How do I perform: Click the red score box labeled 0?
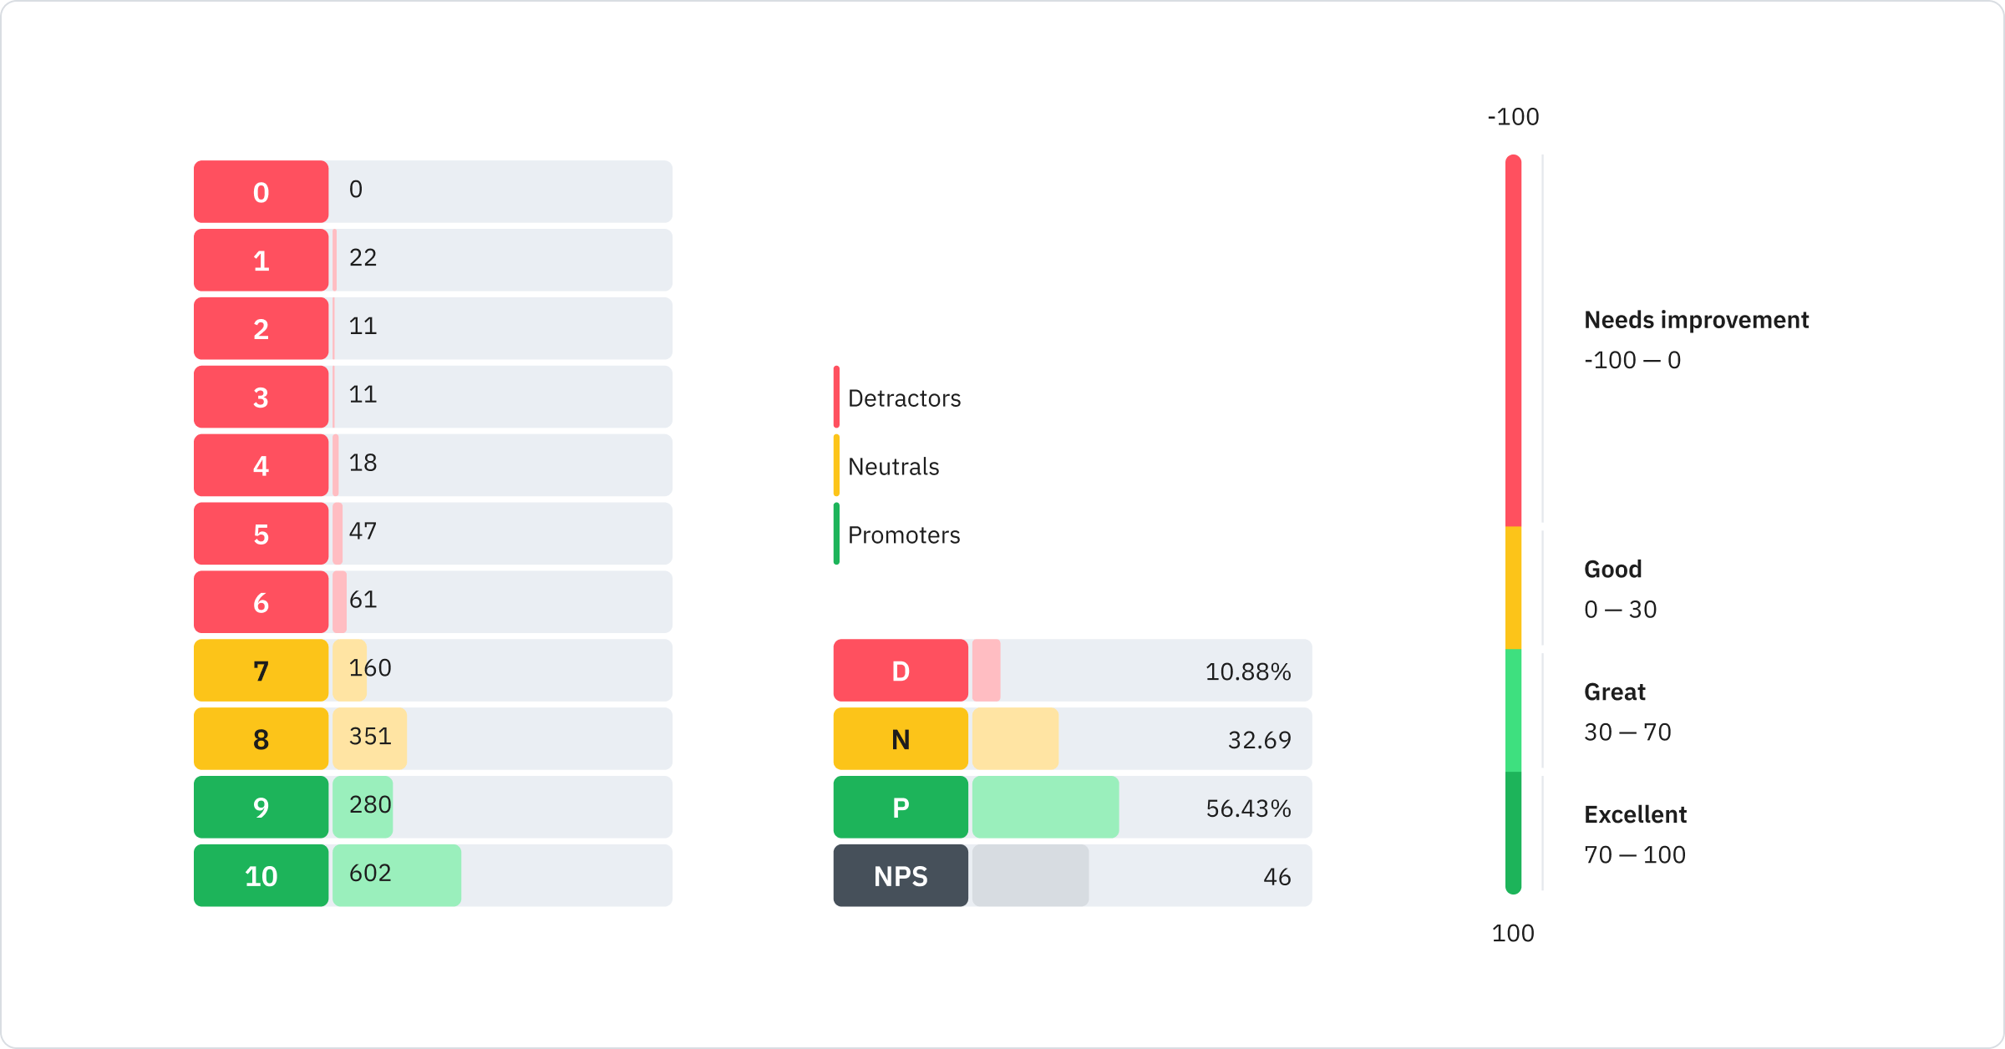pyautogui.click(x=261, y=191)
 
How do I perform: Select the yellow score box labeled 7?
pyautogui.click(x=261, y=670)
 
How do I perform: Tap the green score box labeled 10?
pyautogui.click(x=261, y=875)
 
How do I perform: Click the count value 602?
pyautogui.click(x=370, y=873)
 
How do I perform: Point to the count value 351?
pyautogui.click(x=370, y=736)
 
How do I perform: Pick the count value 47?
pyautogui.click(x=363, y=531)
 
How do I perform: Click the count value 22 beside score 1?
pyautogui.click(x=363, y=257)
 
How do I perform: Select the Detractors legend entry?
pyautogui.click(x=903, y=398)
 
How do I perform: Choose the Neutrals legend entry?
pyautogui.click(x=892, y=467)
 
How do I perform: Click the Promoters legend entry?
pyautogui.click(x=903, y=535)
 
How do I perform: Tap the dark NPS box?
pyautogui.click(x=901, y=875)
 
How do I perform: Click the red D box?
pyautogui.click(x=901, y=670)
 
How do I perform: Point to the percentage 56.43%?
pyautogui.click(x=1248, y=808)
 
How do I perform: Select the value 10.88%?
pyautogui.click(x=1248, y=671)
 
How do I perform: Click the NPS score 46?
pyautogui.click(x=1277, y=877)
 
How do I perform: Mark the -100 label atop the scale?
pyautogui.click(x=1513, y=117)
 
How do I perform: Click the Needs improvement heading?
pyautogui.click(x=1696, y=320)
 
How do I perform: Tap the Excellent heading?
pyautogui.click(x=1635, y=814)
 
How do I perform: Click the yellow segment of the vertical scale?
pyautogui.click(x=1513, y=588)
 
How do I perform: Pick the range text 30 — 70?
pyautogui.click(x=1627, y=732)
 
